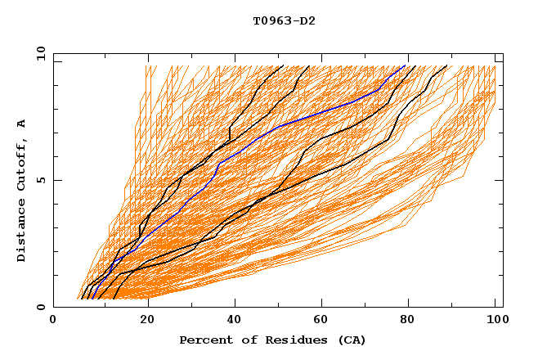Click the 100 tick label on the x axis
(x=495, y=320)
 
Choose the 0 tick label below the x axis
(x=54, y=320)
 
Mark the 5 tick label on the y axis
(x=40, y=180)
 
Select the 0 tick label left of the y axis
(x=40, y=307)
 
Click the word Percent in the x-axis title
(x=204, y=340)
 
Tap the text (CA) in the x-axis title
(x=351, y=340)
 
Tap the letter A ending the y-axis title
(x=21, y=124)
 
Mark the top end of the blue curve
(x=405, y=65)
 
